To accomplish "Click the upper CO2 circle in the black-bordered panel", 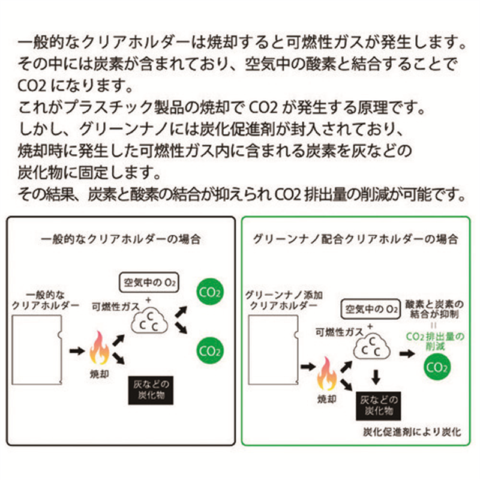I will (210, 294).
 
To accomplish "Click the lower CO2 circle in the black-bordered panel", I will (210, 347).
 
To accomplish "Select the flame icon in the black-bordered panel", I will (100, 348).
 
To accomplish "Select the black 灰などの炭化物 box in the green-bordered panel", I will (377, 405).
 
